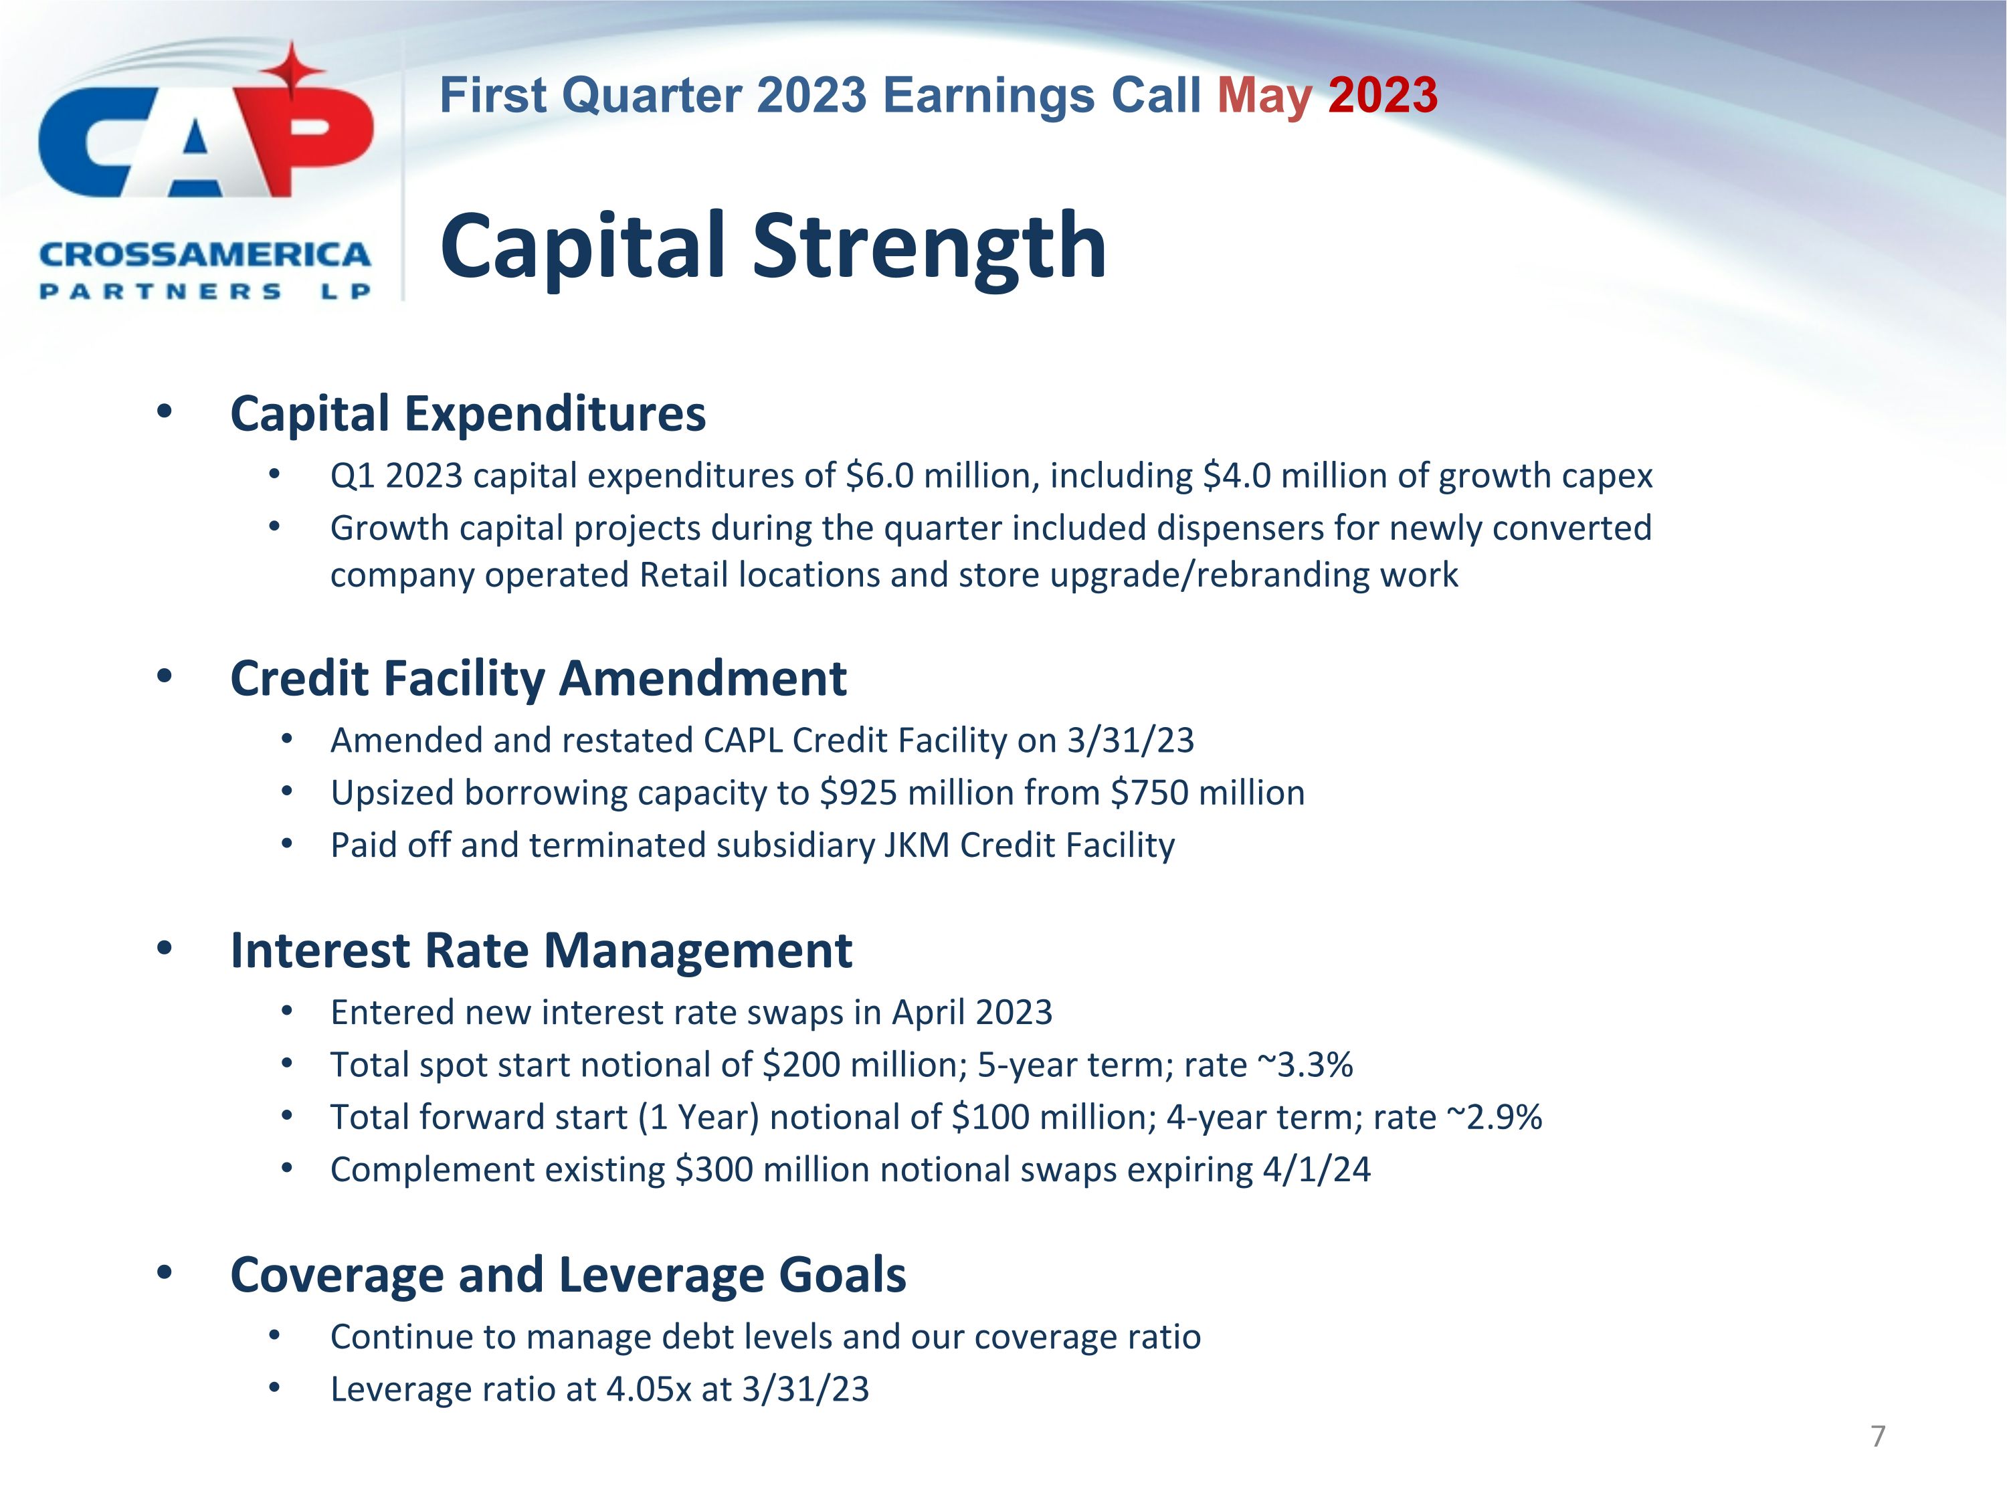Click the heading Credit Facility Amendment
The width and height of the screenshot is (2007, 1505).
(538, 678)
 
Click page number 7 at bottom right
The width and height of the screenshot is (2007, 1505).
(1878, 1436)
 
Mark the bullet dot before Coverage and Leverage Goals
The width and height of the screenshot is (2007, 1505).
(164, 1273)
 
